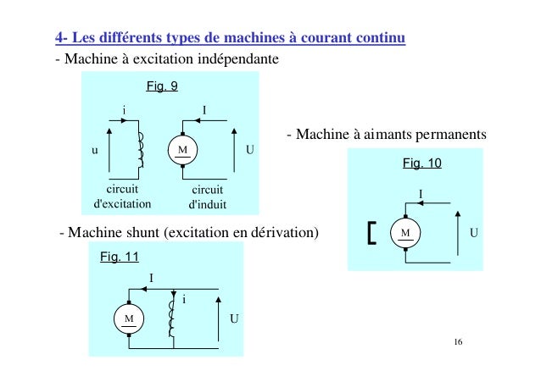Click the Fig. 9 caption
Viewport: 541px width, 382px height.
(x=162, y=86)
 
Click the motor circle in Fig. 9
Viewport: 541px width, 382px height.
(x=182, y=150)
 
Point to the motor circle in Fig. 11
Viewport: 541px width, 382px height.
(x=130, y=318)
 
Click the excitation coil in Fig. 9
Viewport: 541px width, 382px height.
(x=140, y=150)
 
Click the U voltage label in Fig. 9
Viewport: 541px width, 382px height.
(x=250, y=150)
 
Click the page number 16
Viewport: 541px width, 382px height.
(x=459, y=342)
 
